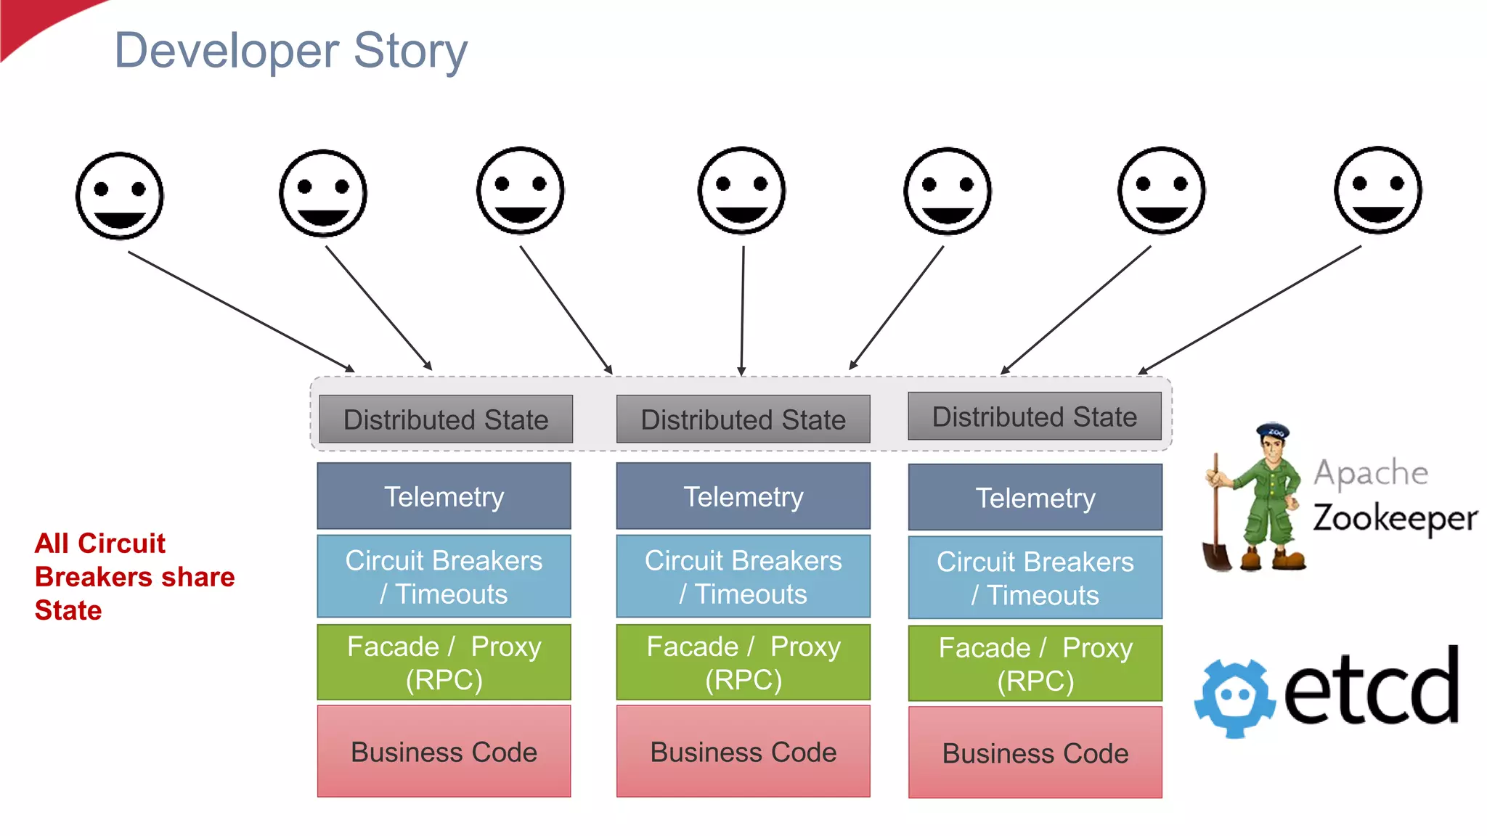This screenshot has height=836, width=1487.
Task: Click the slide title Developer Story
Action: tap(290, 51)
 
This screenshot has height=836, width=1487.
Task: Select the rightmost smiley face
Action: tap(1377, 190)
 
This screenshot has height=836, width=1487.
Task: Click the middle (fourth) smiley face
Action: tap(741, 191)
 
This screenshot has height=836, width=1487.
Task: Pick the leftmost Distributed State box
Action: tap(445, 419)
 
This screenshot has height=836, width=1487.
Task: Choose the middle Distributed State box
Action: tap(743, 419)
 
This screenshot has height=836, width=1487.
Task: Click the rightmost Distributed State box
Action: tap(1035, 417)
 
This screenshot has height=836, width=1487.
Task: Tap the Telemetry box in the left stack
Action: tap(444, 496)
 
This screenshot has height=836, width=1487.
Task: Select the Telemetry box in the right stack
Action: tap(1035, 498)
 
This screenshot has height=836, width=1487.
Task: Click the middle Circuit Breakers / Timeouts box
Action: tap(743, 577)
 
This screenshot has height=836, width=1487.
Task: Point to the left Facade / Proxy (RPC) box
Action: tap(444, 663)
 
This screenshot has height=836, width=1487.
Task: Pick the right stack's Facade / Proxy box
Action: tap(1035, 664)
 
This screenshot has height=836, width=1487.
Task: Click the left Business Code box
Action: tap(444, 752)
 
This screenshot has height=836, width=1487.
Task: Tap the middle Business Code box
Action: tap(743, 752)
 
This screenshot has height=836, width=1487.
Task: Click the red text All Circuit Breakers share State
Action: tap(134, 577)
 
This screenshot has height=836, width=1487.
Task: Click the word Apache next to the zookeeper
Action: tap(1371, 473)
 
